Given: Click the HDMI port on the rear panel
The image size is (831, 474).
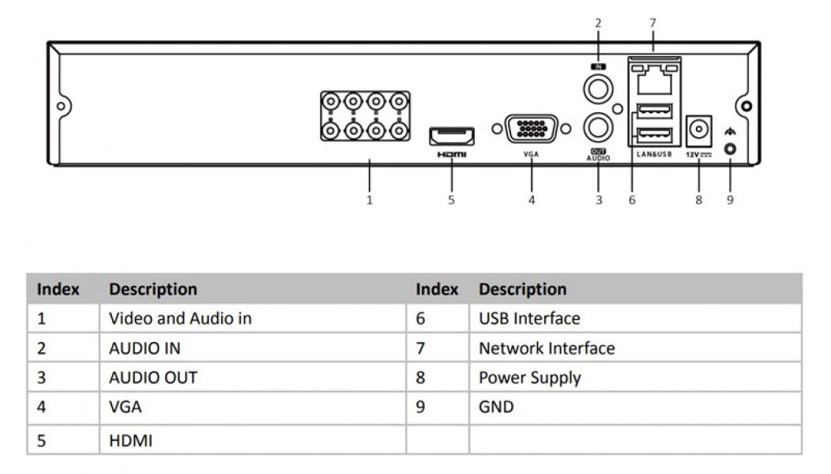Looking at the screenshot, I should (452, 135).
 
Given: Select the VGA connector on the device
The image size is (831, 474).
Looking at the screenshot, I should (531, 129).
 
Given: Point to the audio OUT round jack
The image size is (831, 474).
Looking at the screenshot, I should (598, 126).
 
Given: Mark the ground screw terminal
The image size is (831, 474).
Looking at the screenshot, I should (730, 148).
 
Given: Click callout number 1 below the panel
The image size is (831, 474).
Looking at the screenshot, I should (369, 200).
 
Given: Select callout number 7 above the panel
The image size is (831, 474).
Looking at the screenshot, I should (652, 23).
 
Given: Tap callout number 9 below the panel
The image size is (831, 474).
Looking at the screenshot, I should (730, 200).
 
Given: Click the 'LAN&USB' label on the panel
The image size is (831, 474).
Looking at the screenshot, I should (653, 155).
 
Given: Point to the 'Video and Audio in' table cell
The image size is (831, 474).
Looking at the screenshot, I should (180, 319).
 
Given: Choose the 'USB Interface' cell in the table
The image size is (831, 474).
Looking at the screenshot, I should (529, 319).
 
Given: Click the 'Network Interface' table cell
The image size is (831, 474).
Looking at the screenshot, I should (547, 348).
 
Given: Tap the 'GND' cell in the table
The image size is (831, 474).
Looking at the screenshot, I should (496, 408).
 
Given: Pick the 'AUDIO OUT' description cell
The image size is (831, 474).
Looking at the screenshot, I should (153, 378).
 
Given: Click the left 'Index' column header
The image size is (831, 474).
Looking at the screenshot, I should (58, 289).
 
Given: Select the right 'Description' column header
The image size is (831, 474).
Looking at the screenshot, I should (522, 289).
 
